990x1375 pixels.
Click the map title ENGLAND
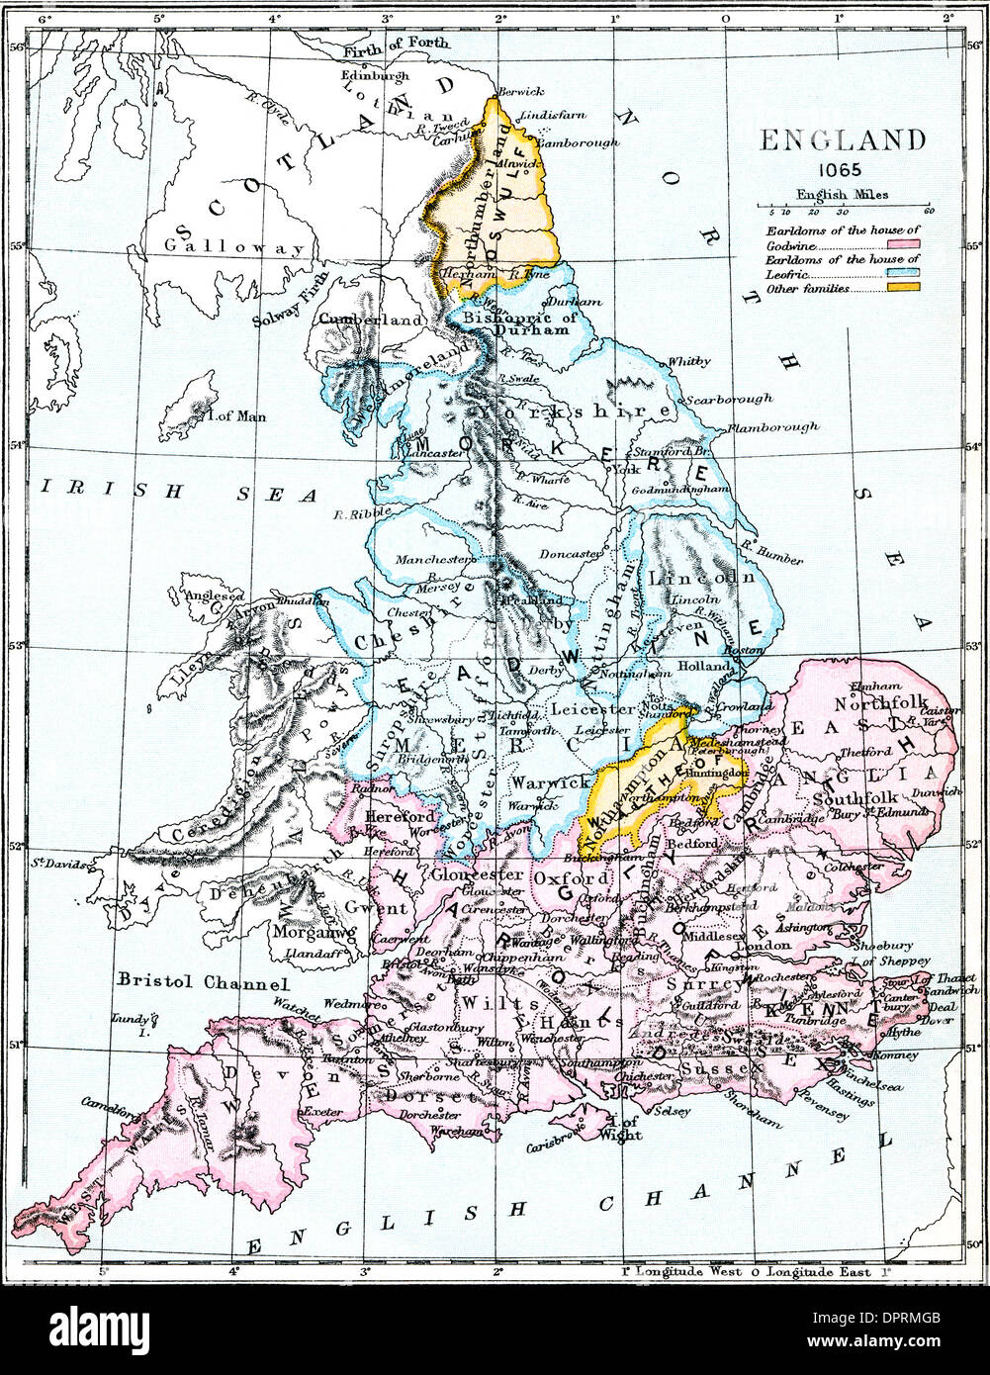click(x=843, y=139)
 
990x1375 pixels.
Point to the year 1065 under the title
click(x=843, y=169)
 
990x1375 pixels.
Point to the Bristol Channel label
click(x=203, y=982)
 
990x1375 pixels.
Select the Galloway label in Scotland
click(x=234, y=247)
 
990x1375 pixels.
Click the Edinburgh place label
click(x=374, y=75)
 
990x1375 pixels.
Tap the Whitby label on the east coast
click(x=689, y=362)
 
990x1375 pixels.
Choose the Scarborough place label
click(x=729, y=399)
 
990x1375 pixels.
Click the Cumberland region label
click(x=371, y=320)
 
